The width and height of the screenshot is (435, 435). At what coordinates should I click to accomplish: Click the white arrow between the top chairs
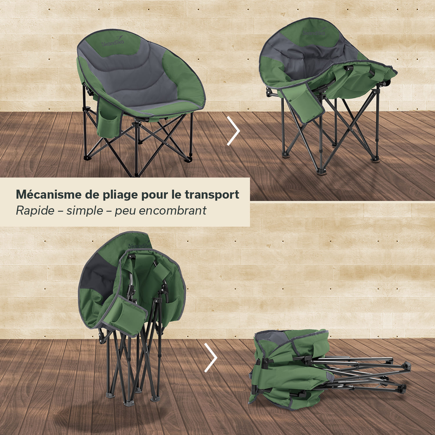point(234,131)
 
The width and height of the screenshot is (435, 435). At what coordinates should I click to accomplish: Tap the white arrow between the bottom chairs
point(211,358)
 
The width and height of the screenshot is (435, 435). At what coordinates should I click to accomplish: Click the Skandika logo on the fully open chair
point(113,42)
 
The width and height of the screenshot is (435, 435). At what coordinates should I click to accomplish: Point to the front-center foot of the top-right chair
point(322,171)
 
